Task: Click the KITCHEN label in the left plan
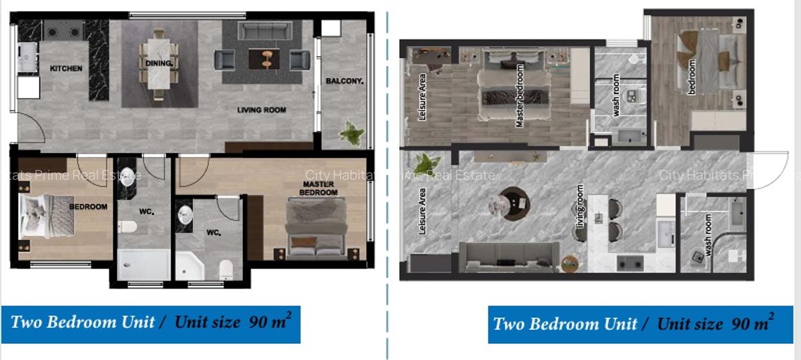(x=66, y=68)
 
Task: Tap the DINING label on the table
(x=159, y=63)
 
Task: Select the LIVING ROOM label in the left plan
(x=262, y=110)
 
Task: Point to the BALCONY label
(x=344, y=81)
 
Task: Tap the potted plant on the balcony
(x=352, y=133)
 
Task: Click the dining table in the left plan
(x=159, y=64)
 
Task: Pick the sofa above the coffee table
(x=266, y=31)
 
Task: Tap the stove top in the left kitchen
(x=63, y=30)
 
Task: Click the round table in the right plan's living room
(x=514, y=202)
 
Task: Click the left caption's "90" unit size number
(x=258, y=323)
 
